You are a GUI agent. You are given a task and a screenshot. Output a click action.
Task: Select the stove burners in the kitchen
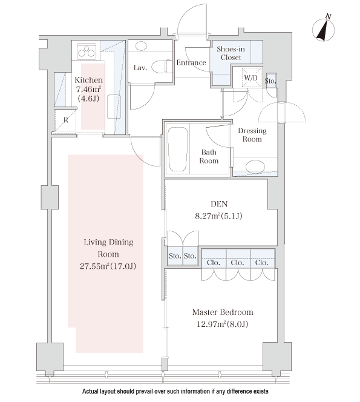[x=87, y=51]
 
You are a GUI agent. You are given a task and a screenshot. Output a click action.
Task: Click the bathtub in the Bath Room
[x=177, y=149]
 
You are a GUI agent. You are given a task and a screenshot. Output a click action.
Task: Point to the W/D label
[x=250, y=77]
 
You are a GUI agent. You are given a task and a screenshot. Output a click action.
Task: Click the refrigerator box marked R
[x=65, y=120]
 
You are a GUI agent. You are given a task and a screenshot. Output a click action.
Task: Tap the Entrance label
[x=191, y=62]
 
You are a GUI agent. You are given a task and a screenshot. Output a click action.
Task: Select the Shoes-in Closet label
[x=231, y=53]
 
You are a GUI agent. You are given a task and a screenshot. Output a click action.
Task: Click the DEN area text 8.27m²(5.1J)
[x=218, y=216]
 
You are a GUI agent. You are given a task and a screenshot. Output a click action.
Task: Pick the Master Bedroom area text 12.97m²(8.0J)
[x=223, y=324]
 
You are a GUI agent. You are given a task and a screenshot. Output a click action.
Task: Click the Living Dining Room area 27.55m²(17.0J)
[x=108, y=266]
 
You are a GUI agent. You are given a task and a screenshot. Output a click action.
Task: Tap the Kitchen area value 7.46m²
[x=88, y=89]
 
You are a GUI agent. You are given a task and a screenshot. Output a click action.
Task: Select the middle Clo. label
[x=237, y=263]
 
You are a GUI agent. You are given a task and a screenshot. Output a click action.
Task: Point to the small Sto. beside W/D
[x=270, y=81]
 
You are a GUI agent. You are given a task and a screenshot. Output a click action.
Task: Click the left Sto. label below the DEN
[x=175, y=256]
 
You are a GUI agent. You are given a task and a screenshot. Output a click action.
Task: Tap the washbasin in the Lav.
[x=140, y=46]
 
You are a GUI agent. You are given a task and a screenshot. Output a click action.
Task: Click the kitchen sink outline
[x=114, y=107]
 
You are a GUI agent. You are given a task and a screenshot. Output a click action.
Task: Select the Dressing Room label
[x=252, y=135]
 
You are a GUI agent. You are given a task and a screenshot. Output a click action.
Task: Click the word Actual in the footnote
[x=90, y=391]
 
